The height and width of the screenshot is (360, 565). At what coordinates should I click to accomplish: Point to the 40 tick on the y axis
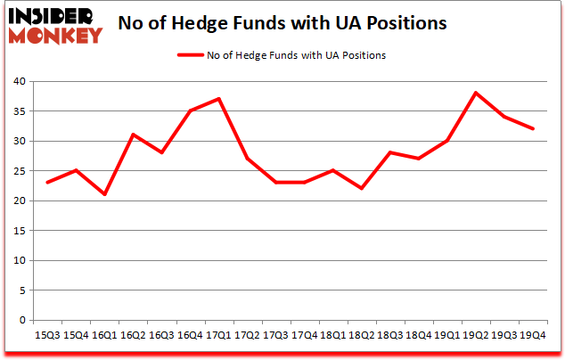[x=18, y=82]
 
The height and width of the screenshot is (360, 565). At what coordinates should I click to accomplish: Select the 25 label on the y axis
[x=18, y=171]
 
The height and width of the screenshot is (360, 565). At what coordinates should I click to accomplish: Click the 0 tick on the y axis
[x=21, y=320]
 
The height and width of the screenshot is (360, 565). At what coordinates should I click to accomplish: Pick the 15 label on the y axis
[x=18, y=231]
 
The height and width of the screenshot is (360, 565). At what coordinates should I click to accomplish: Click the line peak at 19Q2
[x=476, y=93]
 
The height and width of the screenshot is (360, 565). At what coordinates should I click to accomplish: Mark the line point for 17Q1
[x=218, y=99]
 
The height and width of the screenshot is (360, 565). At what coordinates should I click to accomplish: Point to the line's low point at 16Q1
[x=104, y=194]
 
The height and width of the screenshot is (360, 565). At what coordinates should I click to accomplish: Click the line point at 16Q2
[x=133, y=135]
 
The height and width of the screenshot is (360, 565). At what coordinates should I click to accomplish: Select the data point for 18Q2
[x=361, y=188]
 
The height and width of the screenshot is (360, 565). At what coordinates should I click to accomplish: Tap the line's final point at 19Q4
[x=533, y=128]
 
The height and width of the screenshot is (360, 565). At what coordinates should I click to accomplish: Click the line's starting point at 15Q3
[x=47, y=183]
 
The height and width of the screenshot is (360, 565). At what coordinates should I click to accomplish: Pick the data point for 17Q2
[x=247, y=159]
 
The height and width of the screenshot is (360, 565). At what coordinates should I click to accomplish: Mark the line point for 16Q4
[x=190, y=110]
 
